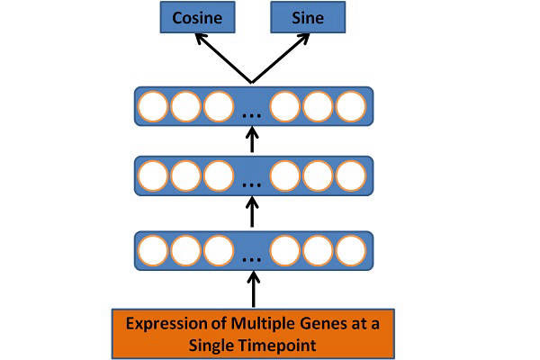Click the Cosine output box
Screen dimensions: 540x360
[x=197, y=17]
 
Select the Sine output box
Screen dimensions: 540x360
[x=308, y=17]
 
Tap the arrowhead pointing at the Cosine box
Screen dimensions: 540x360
[x=200, y=38]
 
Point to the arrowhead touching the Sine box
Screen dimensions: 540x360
[x=304, y=38]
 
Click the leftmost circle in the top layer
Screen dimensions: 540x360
[x=153, y=106]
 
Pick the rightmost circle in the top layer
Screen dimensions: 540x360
[x=351, y=106]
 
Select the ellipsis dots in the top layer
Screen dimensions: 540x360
[x=252, y=116]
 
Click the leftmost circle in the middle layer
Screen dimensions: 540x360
[x=153, y=175]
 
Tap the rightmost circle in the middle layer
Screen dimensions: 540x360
[x=351, y=175]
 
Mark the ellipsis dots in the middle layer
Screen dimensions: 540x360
[x=252, y=185]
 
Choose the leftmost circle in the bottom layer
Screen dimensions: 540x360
[x=153, y=250]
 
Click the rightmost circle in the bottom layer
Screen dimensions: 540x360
[x=351, y=250]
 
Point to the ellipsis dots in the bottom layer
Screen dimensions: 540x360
[x=252, y=260]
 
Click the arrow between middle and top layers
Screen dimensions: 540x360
[x=252, y=139]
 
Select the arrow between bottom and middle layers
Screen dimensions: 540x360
[x=252, y=211]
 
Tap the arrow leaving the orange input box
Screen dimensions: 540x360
[x=254, y=289]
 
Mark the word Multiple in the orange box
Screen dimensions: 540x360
[x=263, y=324]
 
